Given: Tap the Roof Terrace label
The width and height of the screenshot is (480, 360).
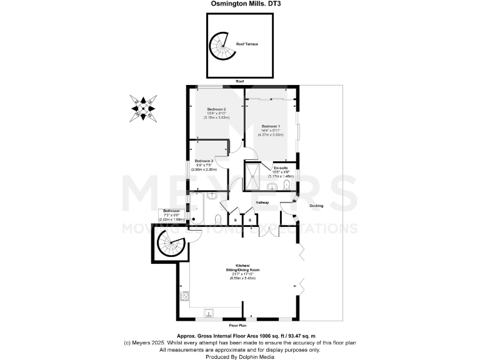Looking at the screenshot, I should pos(247,44).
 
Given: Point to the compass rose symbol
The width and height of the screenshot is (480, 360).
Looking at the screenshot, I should pos(143,108).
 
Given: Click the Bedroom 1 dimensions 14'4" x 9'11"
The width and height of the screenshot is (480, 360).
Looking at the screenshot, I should pos(271,130).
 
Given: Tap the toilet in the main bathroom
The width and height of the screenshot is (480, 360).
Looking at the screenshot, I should pos(216,218).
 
